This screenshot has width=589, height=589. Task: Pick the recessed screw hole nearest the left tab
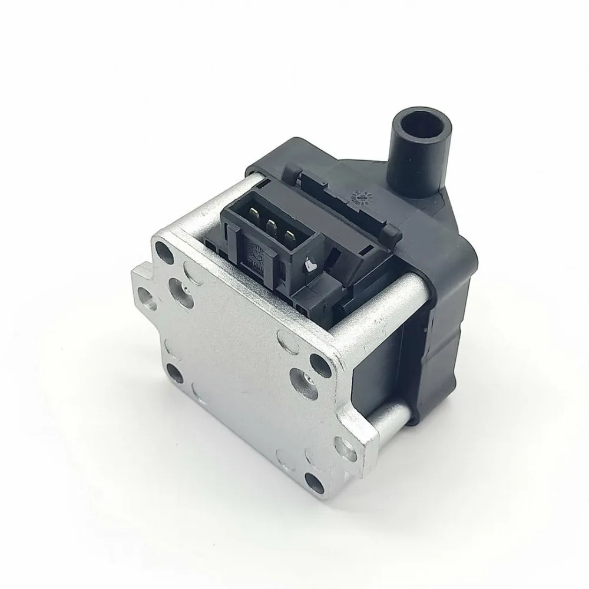coord(177,288)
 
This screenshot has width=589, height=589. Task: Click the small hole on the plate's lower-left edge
coord(175,370)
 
